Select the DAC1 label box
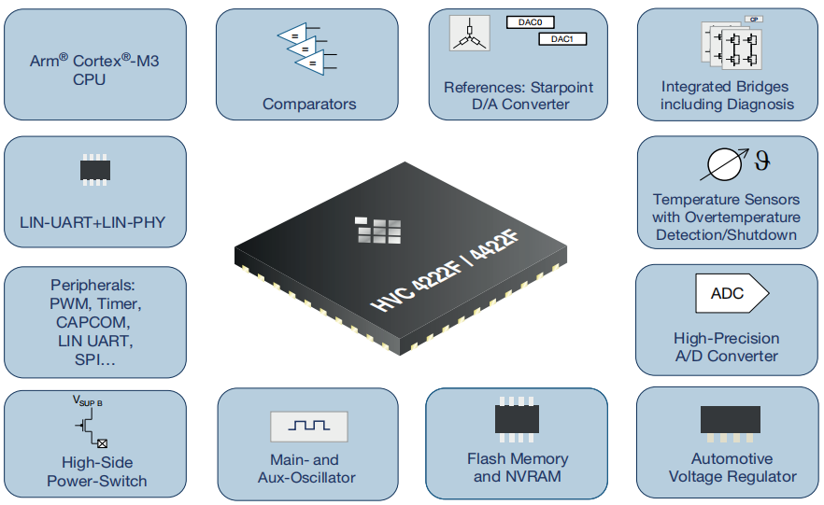point(561,39)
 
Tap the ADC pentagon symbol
point(731,294)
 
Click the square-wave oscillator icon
point(308,426)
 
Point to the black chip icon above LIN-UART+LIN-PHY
point(94,170)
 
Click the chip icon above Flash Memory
point(517,419)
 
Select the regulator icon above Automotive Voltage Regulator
point(731,421)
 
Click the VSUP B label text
point(88,401)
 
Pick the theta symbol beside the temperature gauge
point(763,161)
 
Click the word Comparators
point(309,104)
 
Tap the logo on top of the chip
point(378,227)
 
